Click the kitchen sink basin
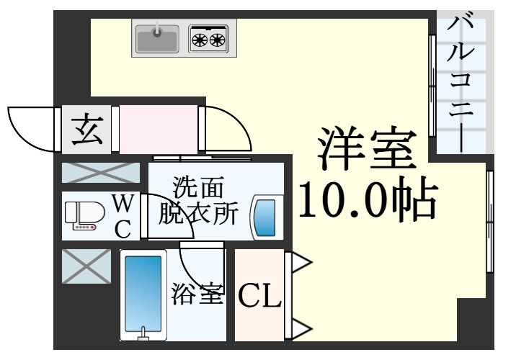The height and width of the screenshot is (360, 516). pyautogui.click(x=157, y=39)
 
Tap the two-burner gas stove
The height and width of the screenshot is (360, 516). pyautogui.click(x=208, y=39)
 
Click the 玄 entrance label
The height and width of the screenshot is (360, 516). pyautogui.click(x=86, y=130)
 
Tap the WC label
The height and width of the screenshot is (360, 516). pyautogui.click(x=123, y=216)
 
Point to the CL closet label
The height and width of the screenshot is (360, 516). pyautogui.click(x=259, y=295)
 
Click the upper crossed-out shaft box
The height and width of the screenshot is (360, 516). pyautogui.click(x=100, y=173)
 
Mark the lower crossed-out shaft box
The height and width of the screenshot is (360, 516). pyautogui.click(x=86, y=266)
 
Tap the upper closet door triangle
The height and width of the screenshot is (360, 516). pyautogui.click(x=299, y=263)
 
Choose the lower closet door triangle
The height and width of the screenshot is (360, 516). pyautogui.click(x=299, y=330)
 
